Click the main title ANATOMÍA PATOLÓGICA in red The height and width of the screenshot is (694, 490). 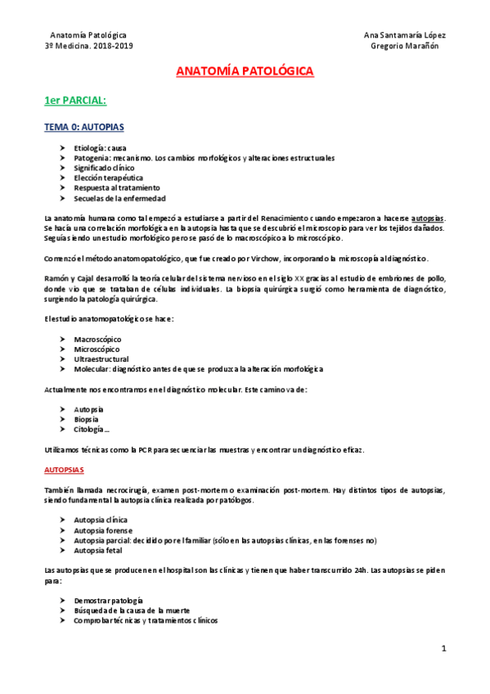245,72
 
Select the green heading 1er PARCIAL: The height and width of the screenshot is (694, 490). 75,101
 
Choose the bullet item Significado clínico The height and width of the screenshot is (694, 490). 103,167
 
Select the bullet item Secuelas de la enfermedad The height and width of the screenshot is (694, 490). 119,197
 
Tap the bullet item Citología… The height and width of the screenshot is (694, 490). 92,429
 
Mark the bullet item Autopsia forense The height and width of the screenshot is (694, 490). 103,530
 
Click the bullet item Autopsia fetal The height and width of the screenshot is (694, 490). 98,550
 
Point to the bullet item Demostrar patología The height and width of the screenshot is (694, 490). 108,600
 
